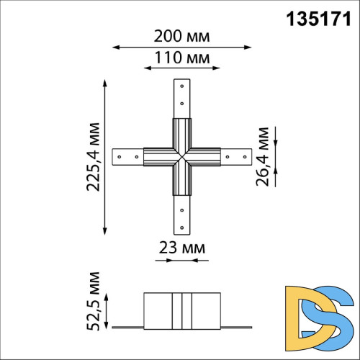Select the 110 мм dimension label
pos(181,57)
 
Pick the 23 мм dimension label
pos(181,248)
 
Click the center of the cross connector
pos(181,156)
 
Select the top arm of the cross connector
pos(181,101)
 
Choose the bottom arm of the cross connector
pos(181,212)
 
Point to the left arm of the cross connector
pos(130,156)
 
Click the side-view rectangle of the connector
pos(181,310)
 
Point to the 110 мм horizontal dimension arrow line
pos(181,69)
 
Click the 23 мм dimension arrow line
pos(181,261)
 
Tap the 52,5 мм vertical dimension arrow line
pos(107,310)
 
